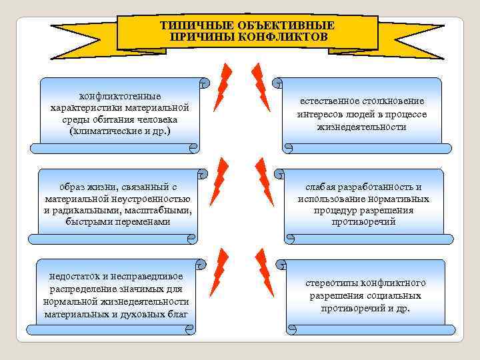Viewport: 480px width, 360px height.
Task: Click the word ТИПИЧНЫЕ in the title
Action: (x=190, y=25)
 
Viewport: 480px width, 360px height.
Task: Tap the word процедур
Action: (x=337, y=211)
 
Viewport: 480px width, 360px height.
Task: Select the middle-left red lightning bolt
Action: (x=219, y=181)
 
